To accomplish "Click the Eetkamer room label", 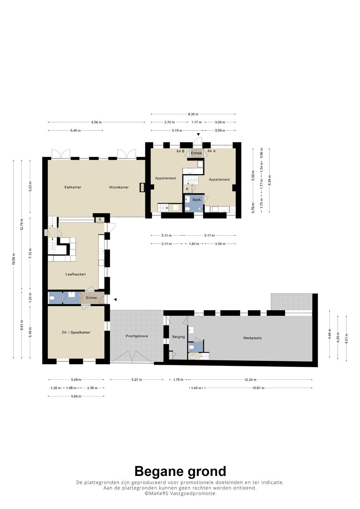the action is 73,187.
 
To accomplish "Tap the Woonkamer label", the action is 119,187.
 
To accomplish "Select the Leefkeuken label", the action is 75,274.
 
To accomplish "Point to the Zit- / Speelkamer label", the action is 76,332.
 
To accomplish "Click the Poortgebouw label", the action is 137,336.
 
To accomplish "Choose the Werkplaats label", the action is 252,338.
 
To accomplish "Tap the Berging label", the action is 179,337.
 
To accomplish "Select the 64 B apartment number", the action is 180,151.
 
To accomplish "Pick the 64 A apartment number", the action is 211,151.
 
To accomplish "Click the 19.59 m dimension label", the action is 14,259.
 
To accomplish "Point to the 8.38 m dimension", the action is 193,114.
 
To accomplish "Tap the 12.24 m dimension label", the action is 251,380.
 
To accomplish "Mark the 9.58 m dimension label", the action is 96,122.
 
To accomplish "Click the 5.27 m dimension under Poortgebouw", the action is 137,380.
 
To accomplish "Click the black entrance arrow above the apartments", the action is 199,135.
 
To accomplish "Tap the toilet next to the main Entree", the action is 51,298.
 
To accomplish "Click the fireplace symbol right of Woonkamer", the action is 142,187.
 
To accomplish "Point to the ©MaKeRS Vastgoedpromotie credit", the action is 180,493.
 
